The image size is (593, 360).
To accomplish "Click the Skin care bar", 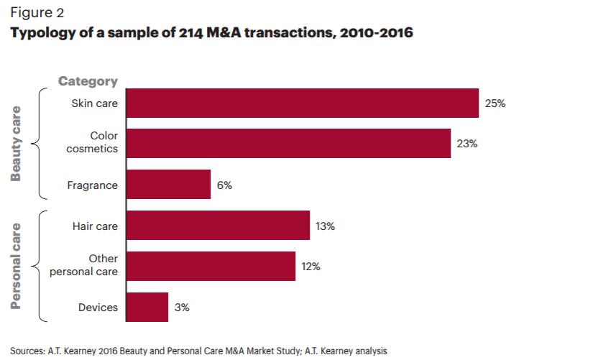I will (302, 103).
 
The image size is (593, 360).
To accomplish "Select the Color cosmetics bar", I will (288, 144).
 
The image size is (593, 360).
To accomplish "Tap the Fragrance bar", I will (168, 185).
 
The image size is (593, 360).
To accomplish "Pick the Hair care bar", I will (218, 226).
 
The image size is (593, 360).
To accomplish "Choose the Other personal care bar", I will (211, 266).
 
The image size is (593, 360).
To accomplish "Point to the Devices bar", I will (147, 307).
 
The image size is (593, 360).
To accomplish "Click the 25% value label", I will (495, 103).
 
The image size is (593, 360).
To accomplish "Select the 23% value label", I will (467, 144).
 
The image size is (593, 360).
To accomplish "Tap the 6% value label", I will (224, 185).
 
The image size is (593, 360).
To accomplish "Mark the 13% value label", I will (325, 226).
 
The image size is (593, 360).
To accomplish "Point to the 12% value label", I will (311, 267).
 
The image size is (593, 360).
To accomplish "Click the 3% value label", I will (182, 308).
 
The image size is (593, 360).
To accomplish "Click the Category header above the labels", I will (88, 82).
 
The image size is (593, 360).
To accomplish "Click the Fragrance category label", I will (92, 185).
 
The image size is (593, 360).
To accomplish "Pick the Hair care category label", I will (95, 226).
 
